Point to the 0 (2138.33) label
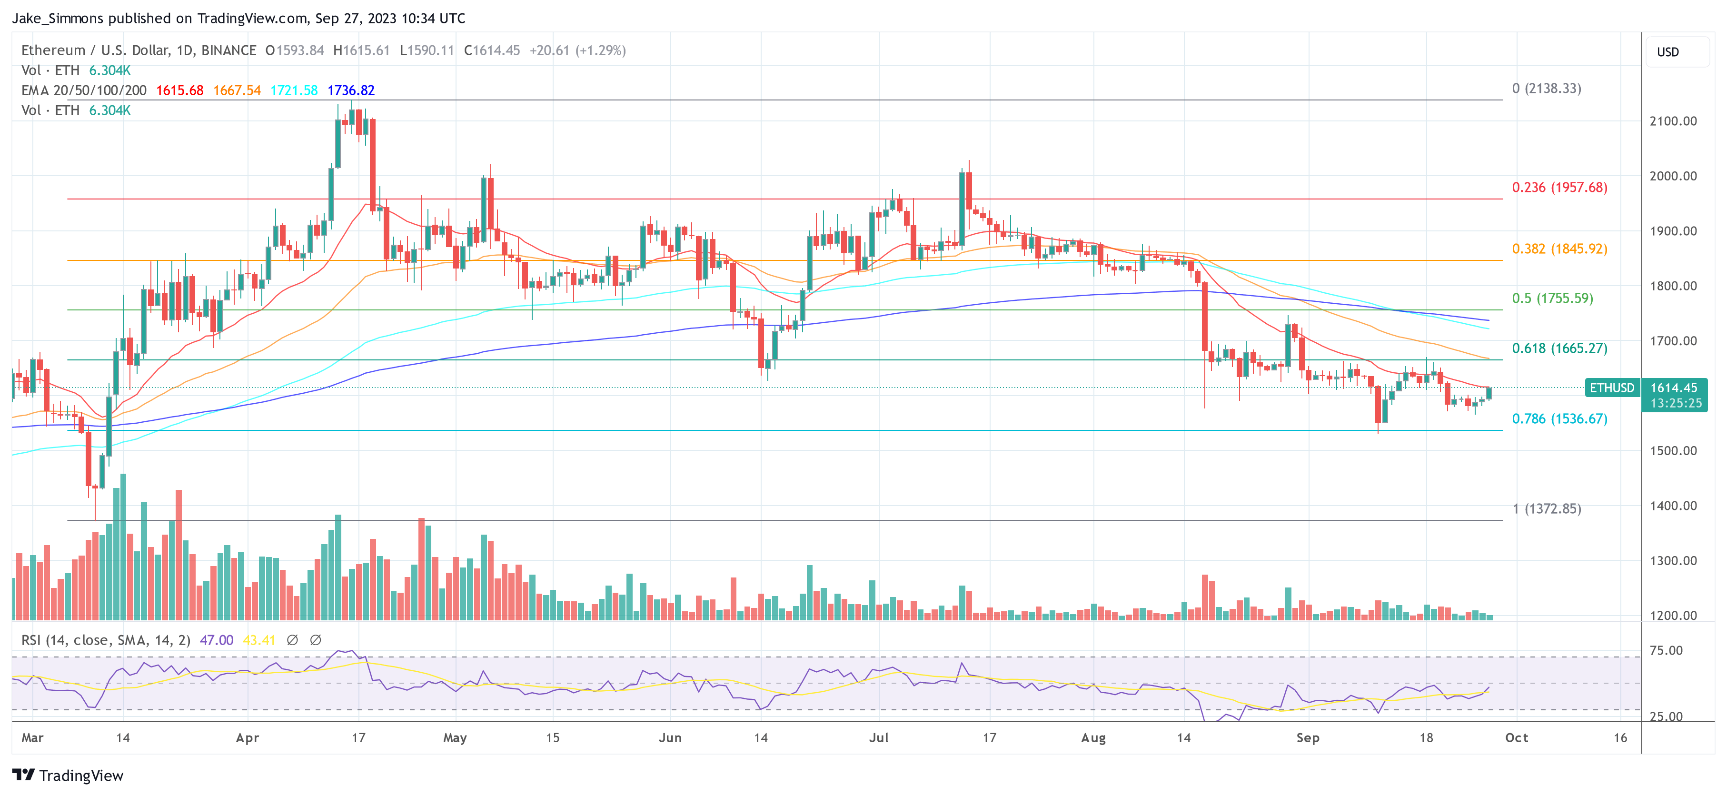click(x=1546, y=89)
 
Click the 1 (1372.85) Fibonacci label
click(x=1546, y=508)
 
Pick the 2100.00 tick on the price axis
click(x=1673, y=121)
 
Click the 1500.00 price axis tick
click(x=1673, y=451)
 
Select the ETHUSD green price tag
click(x=1612, y=388)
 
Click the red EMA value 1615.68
click(x=179, y=90)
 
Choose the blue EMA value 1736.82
click(x=351, y=90)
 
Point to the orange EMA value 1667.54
click(x=237, y=90)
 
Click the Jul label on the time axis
click(x=878, y=737)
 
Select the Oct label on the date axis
click(x=1517, y=737)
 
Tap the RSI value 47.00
click(x=217, y=640)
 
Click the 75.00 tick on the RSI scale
click(x=1666, y=650)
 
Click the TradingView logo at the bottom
click(x=69, y=775)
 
